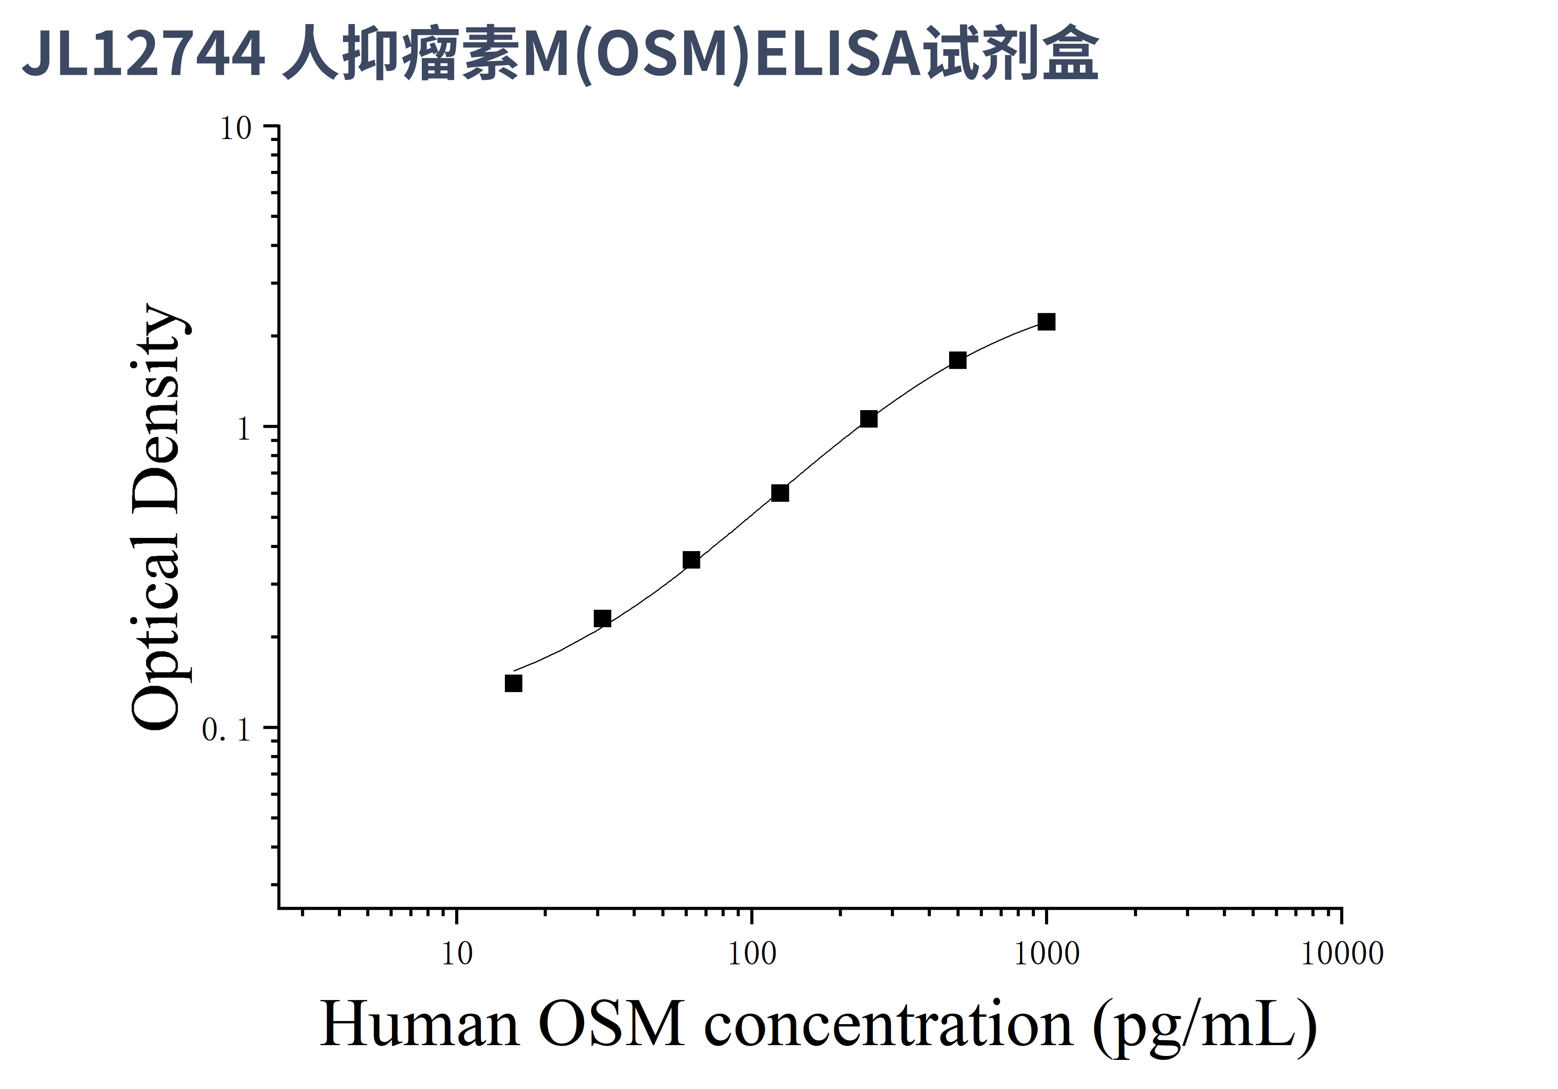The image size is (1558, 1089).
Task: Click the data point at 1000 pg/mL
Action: click(x=1046, y=322)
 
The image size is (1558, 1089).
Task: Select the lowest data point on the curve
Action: click(x=514, y=683)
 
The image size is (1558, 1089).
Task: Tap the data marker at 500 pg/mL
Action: click(x=957, y=360)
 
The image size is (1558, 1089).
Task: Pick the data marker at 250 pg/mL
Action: click(x=868, y=419)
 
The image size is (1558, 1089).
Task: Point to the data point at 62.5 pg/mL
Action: click(x=691, y=560)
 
